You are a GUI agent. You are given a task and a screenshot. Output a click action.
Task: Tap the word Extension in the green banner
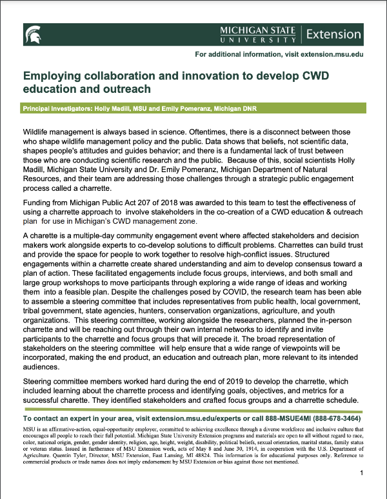coord(333,34)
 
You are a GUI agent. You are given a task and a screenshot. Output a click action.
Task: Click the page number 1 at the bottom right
coord(362,474)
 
